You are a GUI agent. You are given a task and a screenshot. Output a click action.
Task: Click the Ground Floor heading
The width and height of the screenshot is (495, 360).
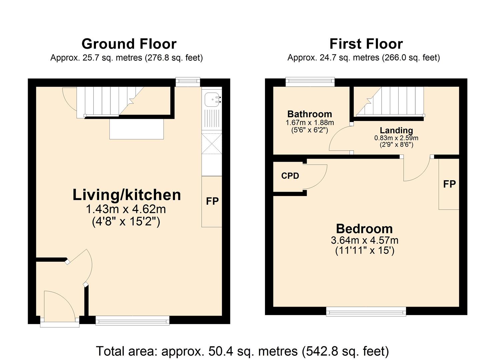129,44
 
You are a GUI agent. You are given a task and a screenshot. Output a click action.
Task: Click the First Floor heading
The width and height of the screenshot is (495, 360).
366,44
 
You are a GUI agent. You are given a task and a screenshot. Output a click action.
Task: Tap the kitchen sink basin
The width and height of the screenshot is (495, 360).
211,99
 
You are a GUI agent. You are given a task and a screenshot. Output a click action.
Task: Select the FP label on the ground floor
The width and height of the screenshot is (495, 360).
212,201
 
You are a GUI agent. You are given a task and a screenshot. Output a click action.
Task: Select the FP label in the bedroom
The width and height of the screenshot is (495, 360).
449,184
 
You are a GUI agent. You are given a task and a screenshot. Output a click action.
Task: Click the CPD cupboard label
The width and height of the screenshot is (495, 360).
290,176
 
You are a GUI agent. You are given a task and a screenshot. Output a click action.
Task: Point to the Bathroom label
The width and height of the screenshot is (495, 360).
310,114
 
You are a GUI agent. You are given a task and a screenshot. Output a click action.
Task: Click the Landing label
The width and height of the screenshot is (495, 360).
396,130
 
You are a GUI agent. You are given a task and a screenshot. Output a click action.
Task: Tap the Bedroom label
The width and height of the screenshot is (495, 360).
364,229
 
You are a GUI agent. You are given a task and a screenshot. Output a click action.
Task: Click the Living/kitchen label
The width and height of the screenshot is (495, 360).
127,195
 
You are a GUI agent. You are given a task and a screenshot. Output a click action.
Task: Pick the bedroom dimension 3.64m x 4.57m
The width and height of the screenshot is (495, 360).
364,240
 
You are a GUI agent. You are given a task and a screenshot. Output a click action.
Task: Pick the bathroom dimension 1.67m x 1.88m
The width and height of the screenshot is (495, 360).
310,123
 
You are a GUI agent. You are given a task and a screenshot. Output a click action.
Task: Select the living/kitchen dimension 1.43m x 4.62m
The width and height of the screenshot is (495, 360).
126,209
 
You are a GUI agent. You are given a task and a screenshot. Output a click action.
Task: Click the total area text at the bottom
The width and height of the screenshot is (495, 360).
242,351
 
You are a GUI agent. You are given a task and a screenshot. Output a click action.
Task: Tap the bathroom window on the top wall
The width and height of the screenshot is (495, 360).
310,82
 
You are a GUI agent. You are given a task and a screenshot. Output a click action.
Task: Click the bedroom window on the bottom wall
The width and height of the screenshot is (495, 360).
366,311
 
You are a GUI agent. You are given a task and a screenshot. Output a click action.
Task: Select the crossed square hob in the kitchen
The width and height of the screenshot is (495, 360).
212,143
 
